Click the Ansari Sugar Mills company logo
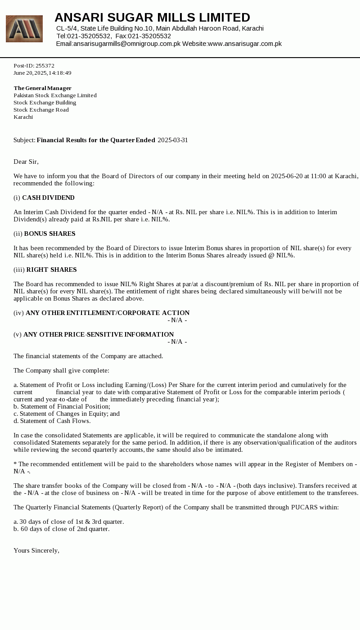coord(24,29)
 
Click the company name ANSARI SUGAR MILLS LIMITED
coord(152,18)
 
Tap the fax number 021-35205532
coord(149,36)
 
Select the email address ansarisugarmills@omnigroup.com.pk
coord(127,44)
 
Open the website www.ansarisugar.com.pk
coord(245,44)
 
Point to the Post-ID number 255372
coord(45,66)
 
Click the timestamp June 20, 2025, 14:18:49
coord(42,73)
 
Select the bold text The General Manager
coord(42,88)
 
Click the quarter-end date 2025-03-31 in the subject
coord(173,140)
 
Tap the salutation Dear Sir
coord(26,162)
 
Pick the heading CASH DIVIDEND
coord(48,198)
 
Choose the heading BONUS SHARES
coord(49,234)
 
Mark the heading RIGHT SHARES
coord(51,270)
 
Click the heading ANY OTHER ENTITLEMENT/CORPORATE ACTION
coord(108,313)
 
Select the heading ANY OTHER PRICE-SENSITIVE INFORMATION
coord(99,334)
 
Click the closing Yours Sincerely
coord(36,550)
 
